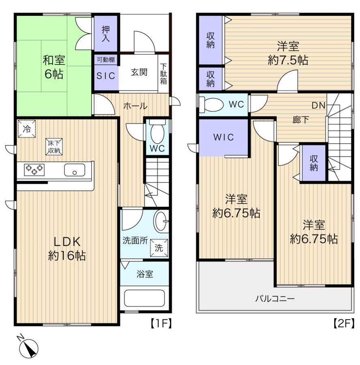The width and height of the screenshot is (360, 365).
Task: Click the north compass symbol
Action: (28, 348)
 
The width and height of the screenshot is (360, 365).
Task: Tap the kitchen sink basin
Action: (75, 170)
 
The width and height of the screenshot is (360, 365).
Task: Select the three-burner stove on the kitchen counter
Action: (34, 170)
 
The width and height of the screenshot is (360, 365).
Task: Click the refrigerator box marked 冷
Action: (27, 129)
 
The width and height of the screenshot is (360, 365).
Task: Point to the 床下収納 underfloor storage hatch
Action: (54, 147)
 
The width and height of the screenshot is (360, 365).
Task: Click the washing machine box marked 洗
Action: (159, 248)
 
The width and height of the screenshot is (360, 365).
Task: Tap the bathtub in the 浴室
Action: (144, 298)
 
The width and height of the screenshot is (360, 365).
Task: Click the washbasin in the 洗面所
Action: (161, 221)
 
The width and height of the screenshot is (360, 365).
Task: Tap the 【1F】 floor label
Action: (161, 323)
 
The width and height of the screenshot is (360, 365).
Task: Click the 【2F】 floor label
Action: (344, 323)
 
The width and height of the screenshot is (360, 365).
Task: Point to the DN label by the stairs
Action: (318, 105)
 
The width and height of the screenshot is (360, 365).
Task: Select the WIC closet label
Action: (224, 137)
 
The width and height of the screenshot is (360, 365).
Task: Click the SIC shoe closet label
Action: (106, 76)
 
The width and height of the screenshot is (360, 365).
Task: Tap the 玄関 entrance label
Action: (139, 72)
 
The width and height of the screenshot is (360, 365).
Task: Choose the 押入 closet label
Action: (106, 34)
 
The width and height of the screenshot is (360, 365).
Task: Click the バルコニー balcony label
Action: (275, 298)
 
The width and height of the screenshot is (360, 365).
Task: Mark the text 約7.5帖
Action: (288, 60)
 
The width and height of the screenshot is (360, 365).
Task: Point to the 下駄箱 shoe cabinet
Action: (163, 74)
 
